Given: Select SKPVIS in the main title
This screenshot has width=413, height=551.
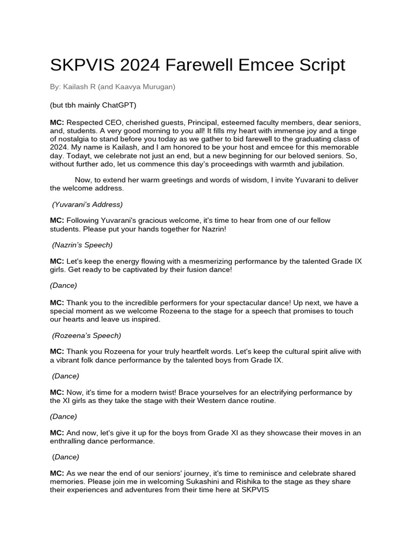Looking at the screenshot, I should tap(82, 65).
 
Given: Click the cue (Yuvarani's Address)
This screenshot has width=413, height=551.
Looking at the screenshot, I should tap(87, 204).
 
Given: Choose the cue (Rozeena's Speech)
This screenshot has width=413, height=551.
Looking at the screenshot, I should tap(86, 335).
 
